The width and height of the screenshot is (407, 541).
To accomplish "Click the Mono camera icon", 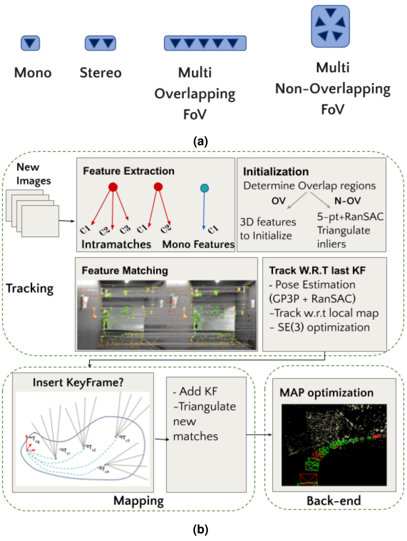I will [x=30, y=43].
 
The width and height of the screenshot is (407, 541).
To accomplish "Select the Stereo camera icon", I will [x=100, y=43].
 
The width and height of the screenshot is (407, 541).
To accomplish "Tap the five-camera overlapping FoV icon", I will [x=205, y=43].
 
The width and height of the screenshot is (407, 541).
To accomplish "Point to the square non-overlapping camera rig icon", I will [x=330, y=26].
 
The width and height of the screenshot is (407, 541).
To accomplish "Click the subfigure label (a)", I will [x=200, y=141].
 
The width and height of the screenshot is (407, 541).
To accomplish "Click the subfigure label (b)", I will [x=200, y=529].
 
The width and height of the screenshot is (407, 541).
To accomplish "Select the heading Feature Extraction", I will [x=129, y=171].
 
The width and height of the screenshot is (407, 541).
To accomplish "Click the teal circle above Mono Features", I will [x=204, y=188].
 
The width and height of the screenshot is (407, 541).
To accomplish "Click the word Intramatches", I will [x=116, y=244].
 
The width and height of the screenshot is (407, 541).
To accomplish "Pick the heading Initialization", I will [x=276, y=172].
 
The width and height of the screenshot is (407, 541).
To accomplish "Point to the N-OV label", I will [x=347, y=201].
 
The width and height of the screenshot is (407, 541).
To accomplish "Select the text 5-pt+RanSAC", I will [x=350, y=216].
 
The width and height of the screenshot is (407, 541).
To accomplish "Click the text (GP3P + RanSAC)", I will [x=312, y=299].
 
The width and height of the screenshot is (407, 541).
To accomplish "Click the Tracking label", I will [x=30, y=289].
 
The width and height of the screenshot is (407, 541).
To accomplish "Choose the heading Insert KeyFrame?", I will [x=78, y=382].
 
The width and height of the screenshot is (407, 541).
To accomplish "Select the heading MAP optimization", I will [x=326, y=393].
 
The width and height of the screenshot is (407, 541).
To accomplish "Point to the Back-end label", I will [x=333, y=501].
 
